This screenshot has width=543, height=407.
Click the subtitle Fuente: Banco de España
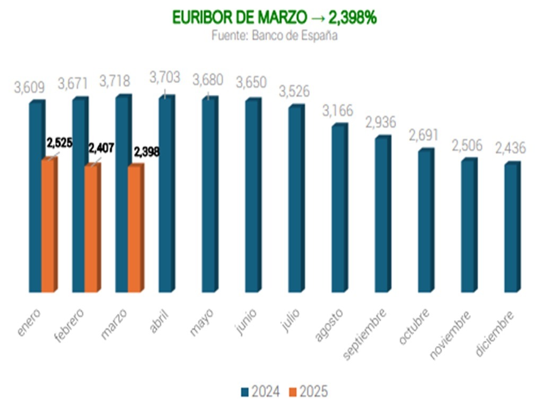coord(274,36)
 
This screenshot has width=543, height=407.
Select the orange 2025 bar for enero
coord(48,225)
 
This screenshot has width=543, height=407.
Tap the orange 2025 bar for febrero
coord(92,228)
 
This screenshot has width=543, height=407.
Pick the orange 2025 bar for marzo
coord(135,229)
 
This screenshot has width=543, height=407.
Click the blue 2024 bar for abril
coord(166,194)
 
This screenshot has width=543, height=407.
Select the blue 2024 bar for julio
coord(296,199)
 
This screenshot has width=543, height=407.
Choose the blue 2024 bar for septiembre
coord(382,214)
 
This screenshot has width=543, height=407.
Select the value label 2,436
coord(510,148)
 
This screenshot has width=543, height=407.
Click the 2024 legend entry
coord(261,392)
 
